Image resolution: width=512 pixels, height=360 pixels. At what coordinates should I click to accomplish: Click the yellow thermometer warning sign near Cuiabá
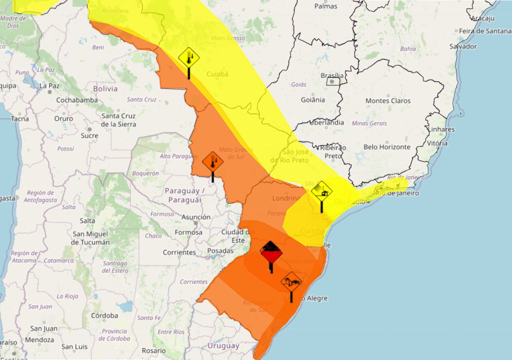point(189,58)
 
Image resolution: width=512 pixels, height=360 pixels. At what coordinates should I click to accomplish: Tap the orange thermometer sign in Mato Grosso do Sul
point(212,162)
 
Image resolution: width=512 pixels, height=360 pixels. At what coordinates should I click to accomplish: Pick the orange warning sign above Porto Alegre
point(291,282)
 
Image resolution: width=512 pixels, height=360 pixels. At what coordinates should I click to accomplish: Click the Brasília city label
point(331,75)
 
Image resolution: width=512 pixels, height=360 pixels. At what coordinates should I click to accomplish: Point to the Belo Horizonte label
point(387,147)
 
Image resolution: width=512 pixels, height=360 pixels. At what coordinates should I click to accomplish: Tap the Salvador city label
point(463,46)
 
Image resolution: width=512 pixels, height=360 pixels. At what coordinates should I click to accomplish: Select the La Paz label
point(49,85)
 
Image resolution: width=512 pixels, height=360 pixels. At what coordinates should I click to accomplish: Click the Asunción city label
point(196,217)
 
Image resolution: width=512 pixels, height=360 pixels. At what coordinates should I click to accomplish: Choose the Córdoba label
point(104,315)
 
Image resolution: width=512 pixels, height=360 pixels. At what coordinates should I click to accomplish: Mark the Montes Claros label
point(388,100)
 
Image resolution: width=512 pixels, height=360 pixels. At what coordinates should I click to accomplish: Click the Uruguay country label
point(223,345)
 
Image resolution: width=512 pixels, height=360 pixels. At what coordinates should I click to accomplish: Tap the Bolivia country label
point(105,88)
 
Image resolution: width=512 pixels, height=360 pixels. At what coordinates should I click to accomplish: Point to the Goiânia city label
point(313,99)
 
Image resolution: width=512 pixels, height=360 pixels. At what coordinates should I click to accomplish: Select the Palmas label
point(325,6)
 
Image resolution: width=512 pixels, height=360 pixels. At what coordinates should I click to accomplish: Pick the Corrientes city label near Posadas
point(179,252)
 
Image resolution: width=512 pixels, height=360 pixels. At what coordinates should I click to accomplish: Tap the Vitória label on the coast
point(437,143)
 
